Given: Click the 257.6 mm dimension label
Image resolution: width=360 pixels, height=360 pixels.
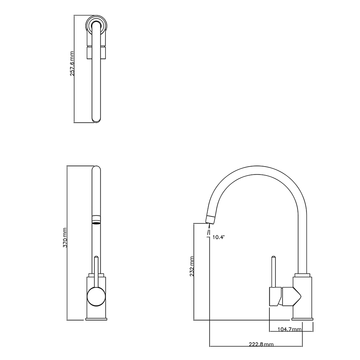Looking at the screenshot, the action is (x=72, y=64).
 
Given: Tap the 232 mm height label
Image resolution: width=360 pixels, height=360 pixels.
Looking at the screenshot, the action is (x=192, y=266).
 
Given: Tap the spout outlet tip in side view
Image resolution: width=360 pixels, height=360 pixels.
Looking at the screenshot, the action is (x=210, y=219).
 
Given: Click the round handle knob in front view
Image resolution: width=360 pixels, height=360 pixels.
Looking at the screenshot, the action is (x=96, y=297).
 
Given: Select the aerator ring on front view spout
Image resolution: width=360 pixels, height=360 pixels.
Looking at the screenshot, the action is (x=96, y=219).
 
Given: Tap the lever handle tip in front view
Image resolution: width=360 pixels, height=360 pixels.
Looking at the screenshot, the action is (x=96, y=258).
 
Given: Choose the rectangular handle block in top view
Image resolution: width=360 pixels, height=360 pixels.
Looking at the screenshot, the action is (x=96, y=52).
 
